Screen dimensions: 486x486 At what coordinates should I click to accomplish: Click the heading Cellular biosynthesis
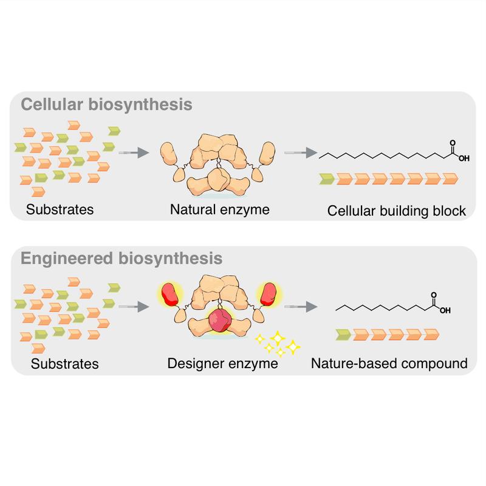(x=107, y=104)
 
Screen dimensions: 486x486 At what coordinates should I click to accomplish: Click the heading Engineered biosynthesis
(x=122, y=258)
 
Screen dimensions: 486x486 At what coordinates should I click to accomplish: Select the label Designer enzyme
(x=222, y=364)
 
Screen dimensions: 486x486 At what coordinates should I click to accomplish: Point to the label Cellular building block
(x=396, y=211)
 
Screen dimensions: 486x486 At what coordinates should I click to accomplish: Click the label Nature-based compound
(x=389, y=364)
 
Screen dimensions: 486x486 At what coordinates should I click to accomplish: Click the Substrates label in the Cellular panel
(x=60, y=211)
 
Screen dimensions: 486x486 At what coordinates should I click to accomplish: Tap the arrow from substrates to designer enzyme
(x=132, y=307)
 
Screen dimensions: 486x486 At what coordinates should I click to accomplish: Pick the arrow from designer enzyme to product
(x=298, y=307)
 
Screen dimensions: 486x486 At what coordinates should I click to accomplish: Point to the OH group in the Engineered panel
(x=445, y=311)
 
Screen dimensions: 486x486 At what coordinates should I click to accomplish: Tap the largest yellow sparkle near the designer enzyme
(x=293, y=347)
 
